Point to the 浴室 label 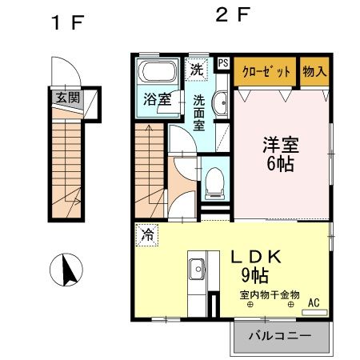(157, 101)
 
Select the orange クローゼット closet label (266, 70)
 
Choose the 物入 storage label (314, 70)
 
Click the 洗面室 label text (200, 114)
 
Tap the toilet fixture (214, 179)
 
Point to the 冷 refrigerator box (147, 234)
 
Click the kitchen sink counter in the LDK (196, 276)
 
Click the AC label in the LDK (314, 302)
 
